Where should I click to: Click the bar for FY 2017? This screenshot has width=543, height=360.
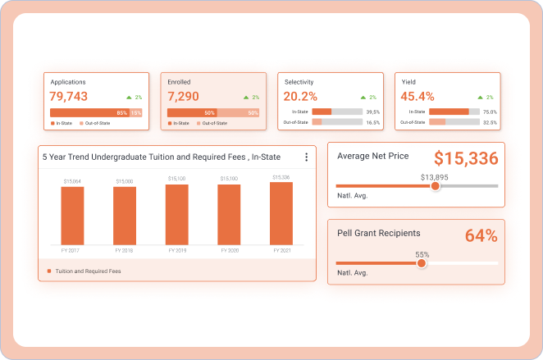(72, 216)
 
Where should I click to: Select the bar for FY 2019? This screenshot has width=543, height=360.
(176, 215)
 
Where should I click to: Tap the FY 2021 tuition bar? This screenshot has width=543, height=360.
(281, 214)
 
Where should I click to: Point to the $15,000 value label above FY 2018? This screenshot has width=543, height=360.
(125, 181)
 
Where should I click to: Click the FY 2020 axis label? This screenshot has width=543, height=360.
(229, 249)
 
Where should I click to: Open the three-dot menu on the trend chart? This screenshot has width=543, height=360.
(306, 157)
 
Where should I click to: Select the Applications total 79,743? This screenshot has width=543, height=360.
(69, 97)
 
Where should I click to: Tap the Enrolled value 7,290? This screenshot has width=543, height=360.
(183, 97)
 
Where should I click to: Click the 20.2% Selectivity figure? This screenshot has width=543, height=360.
(300, 97)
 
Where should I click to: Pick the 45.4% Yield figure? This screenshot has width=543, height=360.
(418, 97)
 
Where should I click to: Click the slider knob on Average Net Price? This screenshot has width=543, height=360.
(436, 186)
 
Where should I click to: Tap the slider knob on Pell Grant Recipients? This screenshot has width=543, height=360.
(422, 263)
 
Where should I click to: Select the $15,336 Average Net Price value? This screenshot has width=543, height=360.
(466, 158)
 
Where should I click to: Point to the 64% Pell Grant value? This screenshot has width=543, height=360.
(481, 236)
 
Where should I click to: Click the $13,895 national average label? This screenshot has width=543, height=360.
(435, 177)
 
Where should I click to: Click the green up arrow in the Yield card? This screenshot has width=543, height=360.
(479, 98)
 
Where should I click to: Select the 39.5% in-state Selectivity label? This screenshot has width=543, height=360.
(373, 112)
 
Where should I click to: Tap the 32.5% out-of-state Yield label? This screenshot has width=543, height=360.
(490, 122)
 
